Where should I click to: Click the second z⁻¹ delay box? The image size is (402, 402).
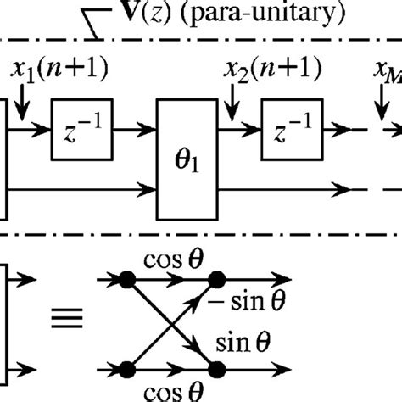coord(288,131)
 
